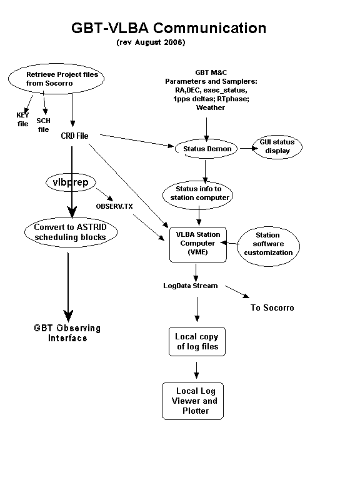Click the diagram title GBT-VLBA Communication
(169, 28)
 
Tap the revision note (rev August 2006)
(151, 42)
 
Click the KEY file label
(22, 119)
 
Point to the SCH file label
(43, 125)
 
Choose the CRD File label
(74, 136)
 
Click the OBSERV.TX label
(114, 206)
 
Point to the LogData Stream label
(191, 286)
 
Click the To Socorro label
(272, 307)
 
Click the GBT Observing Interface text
(67, 333)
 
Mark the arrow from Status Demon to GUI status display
(249, 148)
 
